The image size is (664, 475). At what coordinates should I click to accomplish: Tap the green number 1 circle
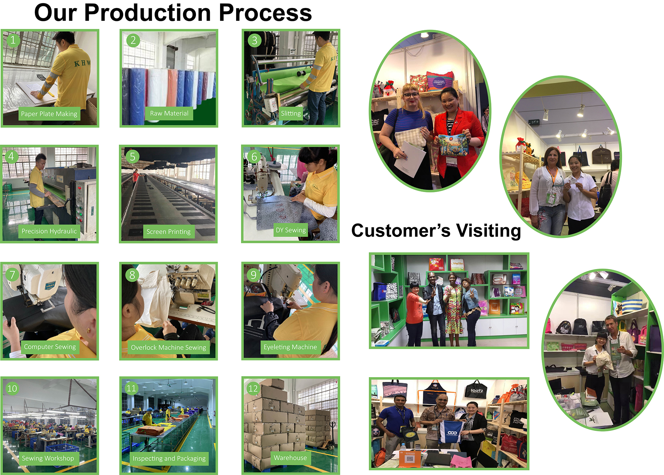(x=13, y=40)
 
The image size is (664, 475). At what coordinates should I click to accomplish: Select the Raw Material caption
(x=169, y=113)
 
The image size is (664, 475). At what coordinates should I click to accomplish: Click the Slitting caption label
(x=291, y=113)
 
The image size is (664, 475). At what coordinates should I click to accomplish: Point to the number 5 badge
(x=132, y=157)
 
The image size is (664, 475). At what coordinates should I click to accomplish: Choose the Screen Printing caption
(x=169, y=232)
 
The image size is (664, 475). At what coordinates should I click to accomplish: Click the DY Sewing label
(x=291, y=230)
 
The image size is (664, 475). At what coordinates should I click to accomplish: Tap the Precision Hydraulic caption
(x=49, y=231)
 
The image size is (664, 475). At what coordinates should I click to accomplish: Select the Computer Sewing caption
(x=50, y=347)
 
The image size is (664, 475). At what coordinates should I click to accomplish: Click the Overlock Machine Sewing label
(x=169, y=347)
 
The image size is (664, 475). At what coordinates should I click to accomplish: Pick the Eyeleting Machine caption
(x=290, y=347)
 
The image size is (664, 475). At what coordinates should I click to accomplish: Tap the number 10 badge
(x=12, y=388)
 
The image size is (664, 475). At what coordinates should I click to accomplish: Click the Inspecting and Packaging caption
(x=169, y=458)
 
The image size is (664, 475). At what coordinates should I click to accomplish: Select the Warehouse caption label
(x=290, y=458)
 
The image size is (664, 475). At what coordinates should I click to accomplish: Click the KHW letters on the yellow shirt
(x=82, y=63)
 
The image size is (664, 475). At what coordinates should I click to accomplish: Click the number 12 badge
(x=253, y=388)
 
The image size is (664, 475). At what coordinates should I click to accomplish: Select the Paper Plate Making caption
(x=49, y=114)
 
